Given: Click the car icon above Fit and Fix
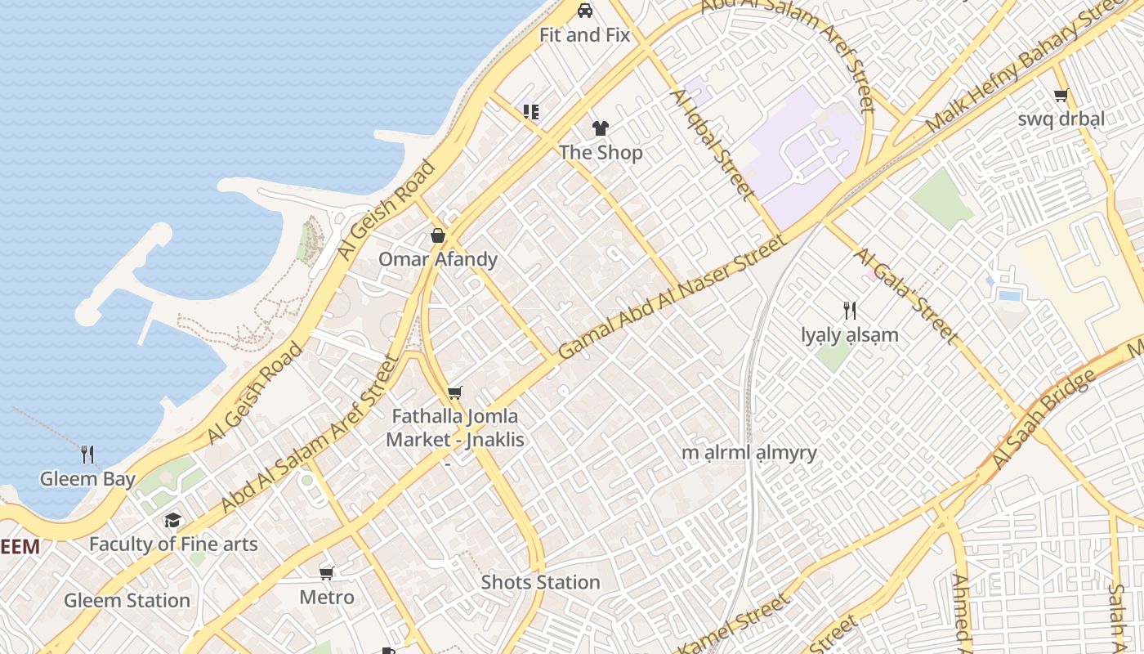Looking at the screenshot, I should [x=585, y=11].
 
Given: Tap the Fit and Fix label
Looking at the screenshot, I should [x=585, y=35].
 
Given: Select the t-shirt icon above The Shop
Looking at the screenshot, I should [x=601, y=128].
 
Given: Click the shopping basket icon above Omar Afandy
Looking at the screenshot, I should [x=438, y=236].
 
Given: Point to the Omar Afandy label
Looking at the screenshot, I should [x=438, y=260].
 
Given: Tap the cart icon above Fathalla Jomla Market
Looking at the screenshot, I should [x=455, y=393].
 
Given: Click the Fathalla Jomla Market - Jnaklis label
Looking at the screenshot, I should [x=455, y=428].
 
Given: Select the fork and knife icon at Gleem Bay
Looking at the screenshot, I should [x=87, y=455].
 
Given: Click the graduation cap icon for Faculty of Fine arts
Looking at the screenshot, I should [x=172, y=520].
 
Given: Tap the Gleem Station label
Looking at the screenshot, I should [x=127, y=601].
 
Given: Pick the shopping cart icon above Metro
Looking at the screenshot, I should [x=327, y=573].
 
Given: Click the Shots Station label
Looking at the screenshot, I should [x=541, y=583].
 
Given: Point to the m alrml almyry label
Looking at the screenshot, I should [x=749, y=453].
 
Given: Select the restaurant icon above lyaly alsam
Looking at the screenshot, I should [x=850, y=311].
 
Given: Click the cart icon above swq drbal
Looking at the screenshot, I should [x=1061, y=96].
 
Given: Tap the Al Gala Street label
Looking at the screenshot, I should [x=907, y=296].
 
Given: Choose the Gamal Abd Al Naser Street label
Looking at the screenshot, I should [x=673, y=297].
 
